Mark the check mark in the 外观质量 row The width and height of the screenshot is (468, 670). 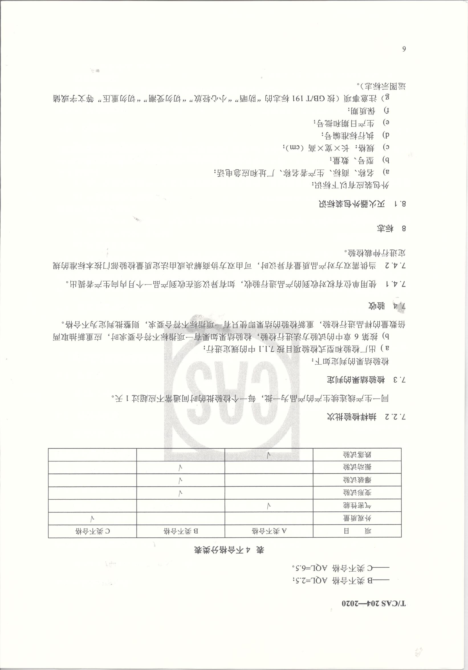click(x=92, y=518)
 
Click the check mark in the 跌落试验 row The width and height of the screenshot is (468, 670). click(x=269, y=455)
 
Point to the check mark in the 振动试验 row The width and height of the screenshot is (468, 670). click(x=181, y=467)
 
